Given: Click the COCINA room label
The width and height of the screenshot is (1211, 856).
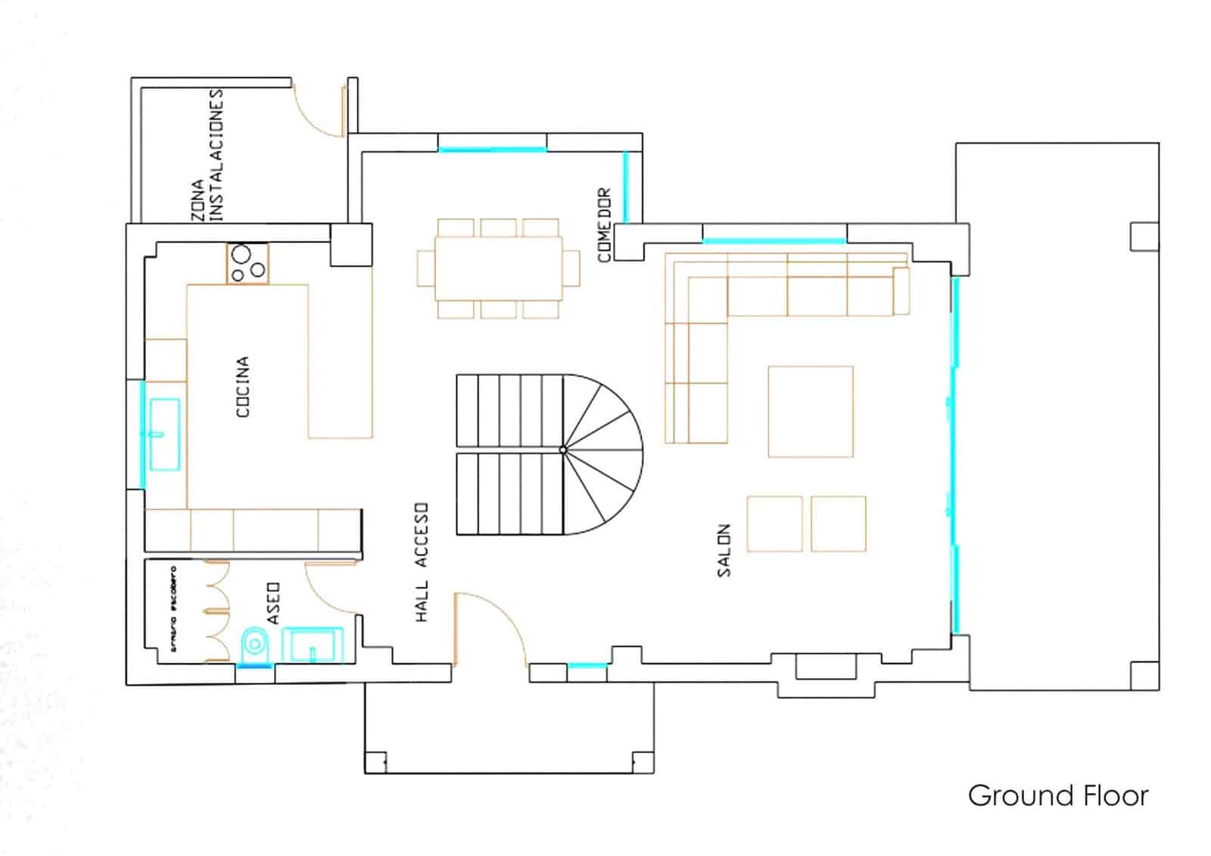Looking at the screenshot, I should click(x=243, y=387).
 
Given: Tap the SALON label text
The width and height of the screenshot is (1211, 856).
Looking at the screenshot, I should click(x=724, y=550).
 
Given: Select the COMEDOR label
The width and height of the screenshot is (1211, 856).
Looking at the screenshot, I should click(x=604, y=225).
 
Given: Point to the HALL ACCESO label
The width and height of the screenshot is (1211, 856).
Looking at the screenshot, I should click(x=422, y=562).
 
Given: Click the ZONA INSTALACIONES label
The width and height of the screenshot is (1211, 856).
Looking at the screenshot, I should click(x=207, y=155).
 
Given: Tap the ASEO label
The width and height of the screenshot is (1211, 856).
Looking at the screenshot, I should click(x=273, y=603).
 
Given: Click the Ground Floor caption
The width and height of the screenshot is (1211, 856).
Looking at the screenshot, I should click(x=1057, y=795).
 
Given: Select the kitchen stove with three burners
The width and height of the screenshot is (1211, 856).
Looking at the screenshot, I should click(x=247, y=263).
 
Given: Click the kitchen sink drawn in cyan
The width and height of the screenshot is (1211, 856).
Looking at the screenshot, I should click(x=163, y=434).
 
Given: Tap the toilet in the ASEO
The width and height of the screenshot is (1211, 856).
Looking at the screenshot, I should click(x=254, y=646).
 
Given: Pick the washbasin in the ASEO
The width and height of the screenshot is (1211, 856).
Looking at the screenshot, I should click(x=313, y=645).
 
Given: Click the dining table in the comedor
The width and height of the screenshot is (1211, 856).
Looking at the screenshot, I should click(x=498, y=268).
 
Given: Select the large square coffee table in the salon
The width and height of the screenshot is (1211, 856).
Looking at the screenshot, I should click(x=810, y=412).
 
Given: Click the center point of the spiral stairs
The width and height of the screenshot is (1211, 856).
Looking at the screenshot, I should click(x=563, y=450).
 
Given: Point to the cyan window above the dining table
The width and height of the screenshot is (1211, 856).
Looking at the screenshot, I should click(x=493, y=149).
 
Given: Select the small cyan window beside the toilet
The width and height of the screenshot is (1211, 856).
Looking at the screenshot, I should click(x=254, y=666).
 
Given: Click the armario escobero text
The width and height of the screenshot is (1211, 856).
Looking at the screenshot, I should click(x=173, y=609).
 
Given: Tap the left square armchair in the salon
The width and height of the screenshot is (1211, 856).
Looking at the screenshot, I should click(x=774, y=524).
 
